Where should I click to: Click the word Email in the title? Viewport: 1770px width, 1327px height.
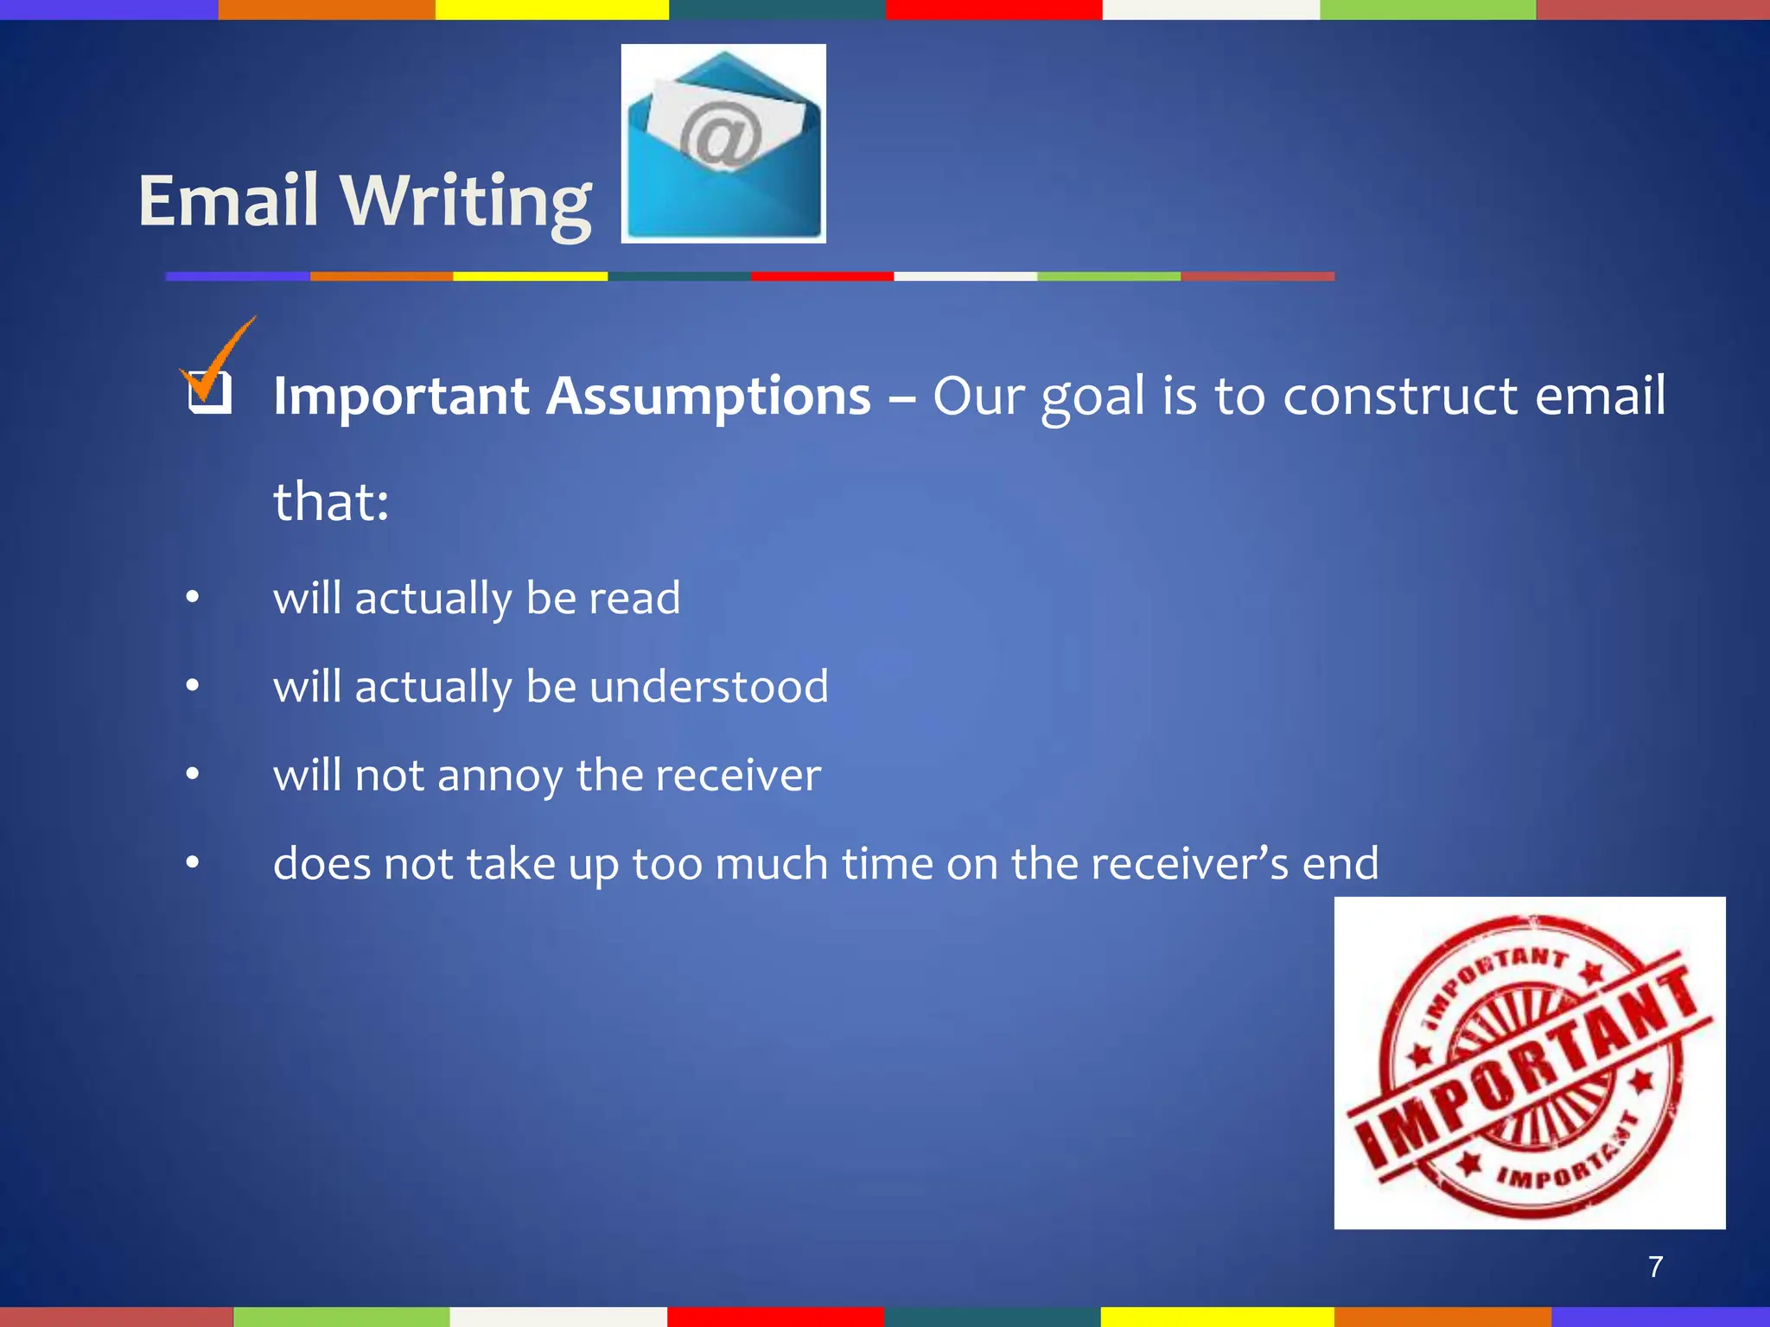click(x=228, y=200)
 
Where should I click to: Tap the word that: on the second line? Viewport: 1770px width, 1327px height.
click(x=331, y=502)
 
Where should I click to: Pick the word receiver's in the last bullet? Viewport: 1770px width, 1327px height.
click(x=1189, y=863)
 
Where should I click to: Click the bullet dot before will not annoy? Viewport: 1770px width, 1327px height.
click(x=193, y=774)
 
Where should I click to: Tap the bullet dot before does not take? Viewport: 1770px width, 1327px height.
click(x=193, y=862)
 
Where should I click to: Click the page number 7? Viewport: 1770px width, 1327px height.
click(x=1655, y=1267)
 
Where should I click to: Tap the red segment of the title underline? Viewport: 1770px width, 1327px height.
click(x=822, y=276)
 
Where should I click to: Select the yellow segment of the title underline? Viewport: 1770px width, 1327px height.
click(x=530, y=276)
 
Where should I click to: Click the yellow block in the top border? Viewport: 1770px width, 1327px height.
click(x=551, y=10)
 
